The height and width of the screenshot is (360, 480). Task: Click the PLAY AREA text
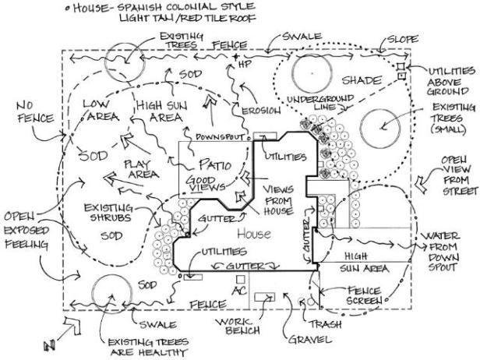point(140,171)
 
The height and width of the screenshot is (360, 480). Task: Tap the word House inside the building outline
point(252,234)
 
